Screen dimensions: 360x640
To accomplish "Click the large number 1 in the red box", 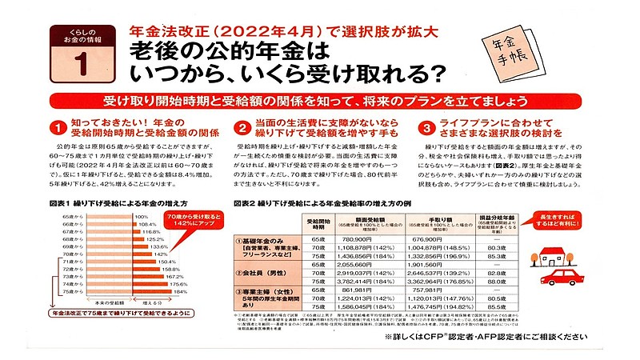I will (81, 61).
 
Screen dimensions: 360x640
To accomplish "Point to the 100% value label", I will (142, 217).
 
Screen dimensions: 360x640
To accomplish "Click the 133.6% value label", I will (158, 246).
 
